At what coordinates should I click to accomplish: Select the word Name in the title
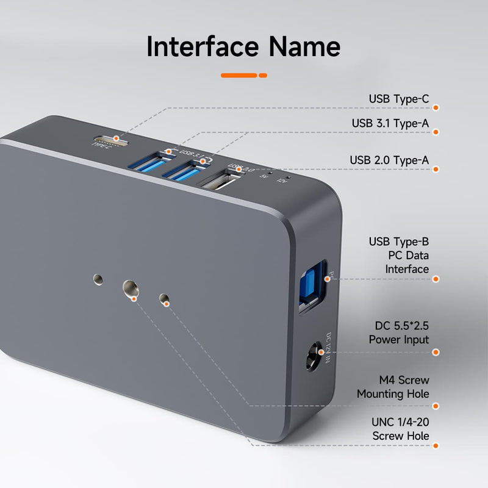(305, 47)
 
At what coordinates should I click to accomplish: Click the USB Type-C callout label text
(399, 99)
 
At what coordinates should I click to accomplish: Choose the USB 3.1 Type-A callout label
(390, 123)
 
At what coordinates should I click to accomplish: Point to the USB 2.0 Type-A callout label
(389, 160)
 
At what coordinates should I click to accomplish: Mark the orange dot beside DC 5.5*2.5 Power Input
(436, 352)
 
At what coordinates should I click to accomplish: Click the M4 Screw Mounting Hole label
(393, 387)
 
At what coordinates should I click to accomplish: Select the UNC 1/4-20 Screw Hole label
(400, 429)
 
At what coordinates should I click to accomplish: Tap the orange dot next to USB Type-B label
(436, 279)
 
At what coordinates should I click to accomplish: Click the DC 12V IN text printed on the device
(328, 348)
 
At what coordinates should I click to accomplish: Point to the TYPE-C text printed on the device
(101, 146)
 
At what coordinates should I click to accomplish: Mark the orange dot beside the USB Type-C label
(436, 107)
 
